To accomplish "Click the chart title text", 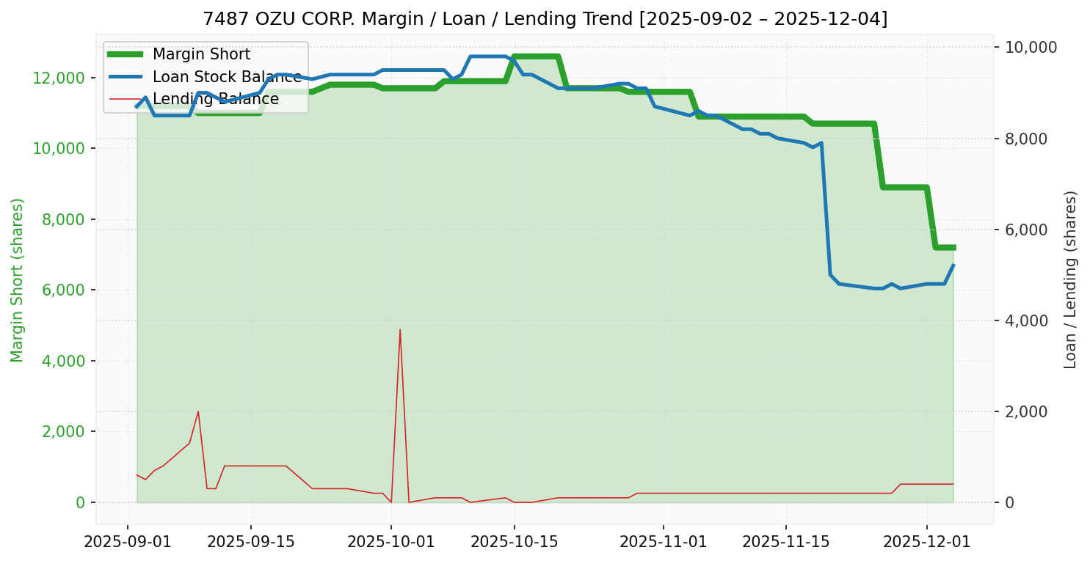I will point(545,19).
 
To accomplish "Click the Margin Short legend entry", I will point(201,54).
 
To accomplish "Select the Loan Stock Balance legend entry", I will point(226,77).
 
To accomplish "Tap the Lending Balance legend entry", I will point(215,99).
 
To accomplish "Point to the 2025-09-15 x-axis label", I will point(251,543).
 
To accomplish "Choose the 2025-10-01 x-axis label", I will point(390,543).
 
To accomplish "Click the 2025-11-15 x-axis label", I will point(786,543).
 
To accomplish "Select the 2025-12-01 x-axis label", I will point(926,543).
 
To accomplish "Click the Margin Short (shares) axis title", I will point(18,280).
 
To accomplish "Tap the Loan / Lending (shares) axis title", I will point(1070,280).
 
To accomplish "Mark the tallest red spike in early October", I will point(400,329).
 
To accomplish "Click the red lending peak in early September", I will point(198,411).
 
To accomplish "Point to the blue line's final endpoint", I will point(953,265).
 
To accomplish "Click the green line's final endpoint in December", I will point(953,248).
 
